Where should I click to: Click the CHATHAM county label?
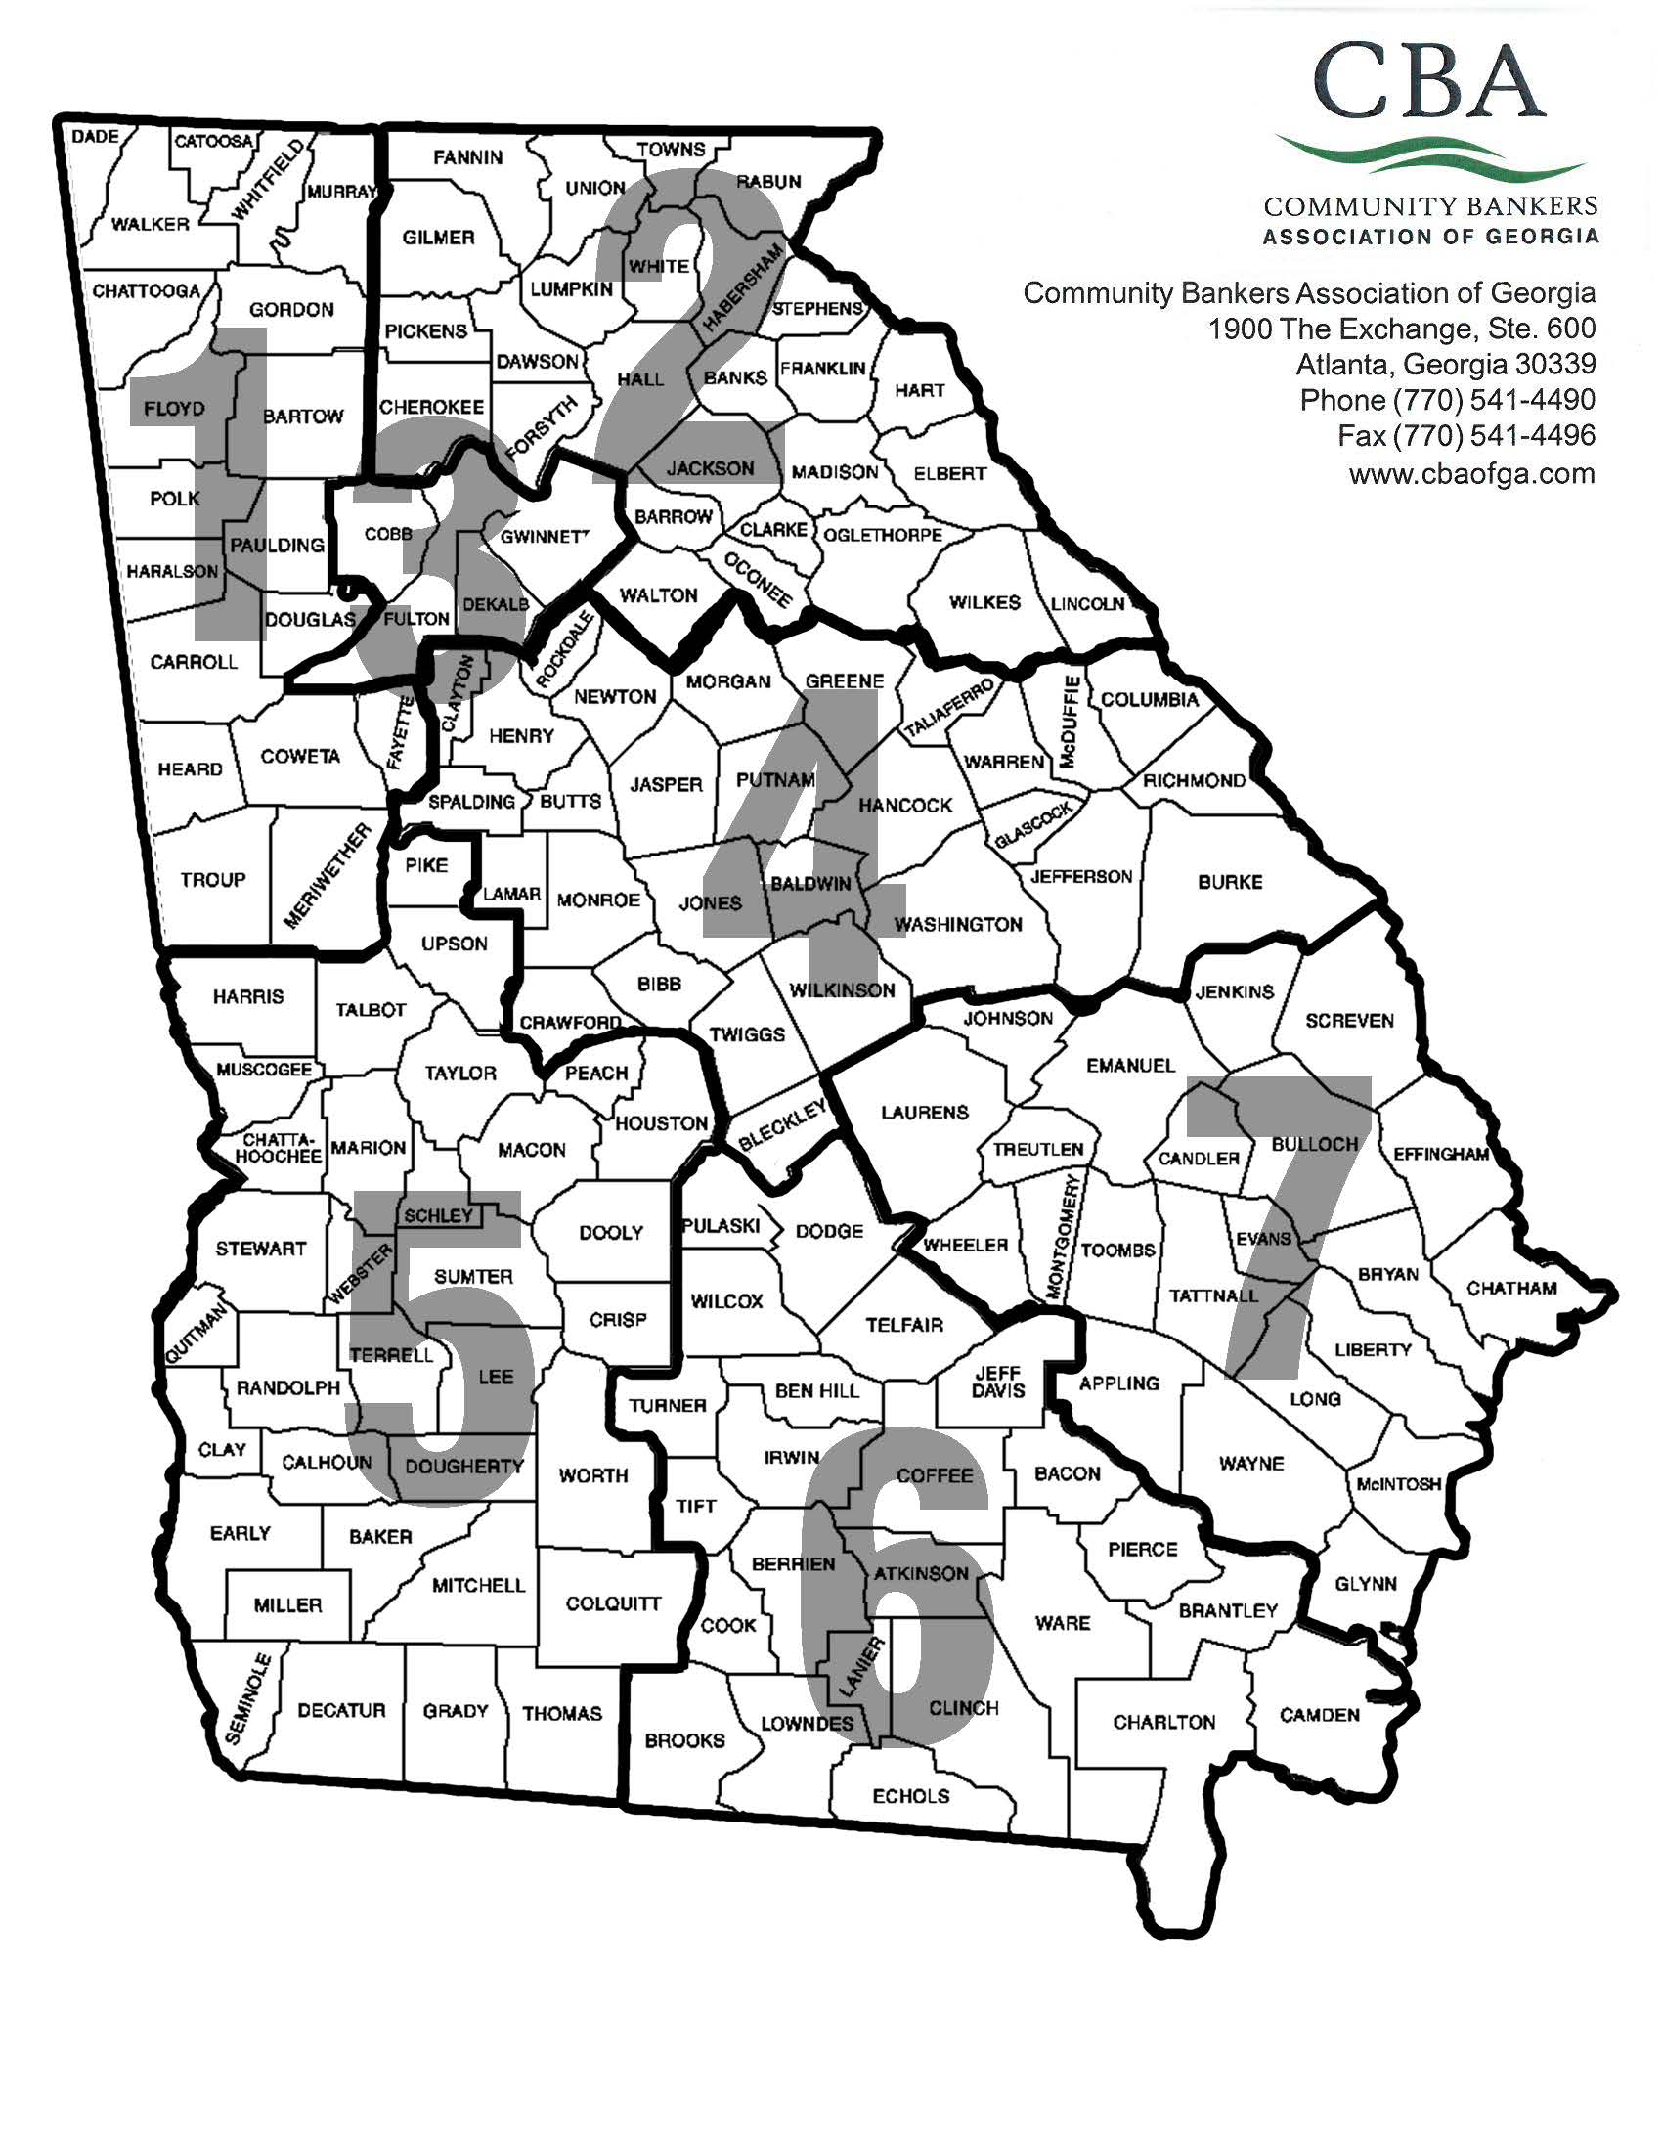click(x=1511, y=1289)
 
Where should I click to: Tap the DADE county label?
click(x=96, y=137)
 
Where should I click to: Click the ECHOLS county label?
click(x=911, y=1795)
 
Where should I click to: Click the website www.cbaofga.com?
click(x=1471, y=474)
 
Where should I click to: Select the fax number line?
click(x=1466, y=435)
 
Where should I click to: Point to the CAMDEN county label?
click(x=1320, y=1715)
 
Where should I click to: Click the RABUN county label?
click(x=769, y=181)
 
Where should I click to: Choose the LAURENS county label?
click(x=925, y=1112)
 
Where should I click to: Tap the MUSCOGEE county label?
click(x=264, y=1070)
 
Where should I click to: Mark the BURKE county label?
click(x=1230, y=883)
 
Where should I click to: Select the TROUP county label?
click(x=213, y=880)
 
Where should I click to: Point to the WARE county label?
click(x=1063, y=1622)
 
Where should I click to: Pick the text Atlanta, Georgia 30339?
click(x=1444, y=365)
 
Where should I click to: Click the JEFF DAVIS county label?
click(x=998, y=1382)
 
